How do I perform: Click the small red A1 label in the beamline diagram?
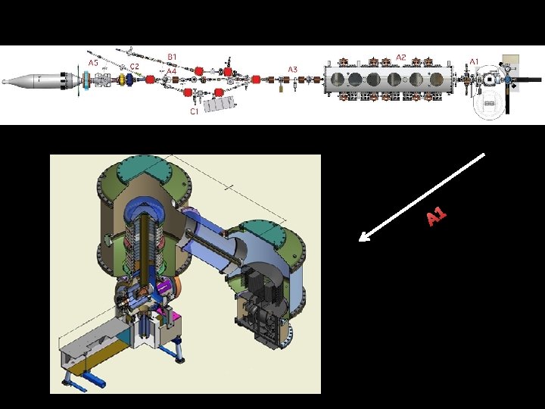(x=474, y=62)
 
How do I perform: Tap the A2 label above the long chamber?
(x=400, y=58)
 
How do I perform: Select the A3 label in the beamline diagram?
(x=293, y=70)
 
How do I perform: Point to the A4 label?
(x=172, y=71)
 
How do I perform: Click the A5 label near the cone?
(x=93, y=63)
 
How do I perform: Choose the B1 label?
(x=172, y=57)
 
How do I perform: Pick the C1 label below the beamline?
(x=195, y=111)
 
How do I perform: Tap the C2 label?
(x=135, y=67)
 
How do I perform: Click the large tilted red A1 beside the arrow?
(x=436, y=217)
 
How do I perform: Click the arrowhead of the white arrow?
(x=362, y=239)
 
